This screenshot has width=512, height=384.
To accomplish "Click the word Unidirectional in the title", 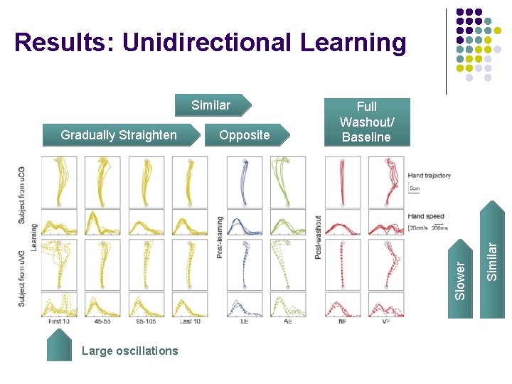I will (207, 43).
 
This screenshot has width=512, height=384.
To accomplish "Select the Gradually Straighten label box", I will (119, 135).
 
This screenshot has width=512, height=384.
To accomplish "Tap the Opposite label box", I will (245, 135).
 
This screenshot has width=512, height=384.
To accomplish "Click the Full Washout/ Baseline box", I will (366, 122).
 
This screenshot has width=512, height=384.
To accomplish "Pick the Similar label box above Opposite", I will (211, 105).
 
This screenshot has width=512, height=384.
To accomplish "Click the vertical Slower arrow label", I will (461, 280).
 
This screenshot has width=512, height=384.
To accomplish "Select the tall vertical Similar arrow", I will (491, 242).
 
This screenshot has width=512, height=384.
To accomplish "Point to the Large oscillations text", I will (130, 351).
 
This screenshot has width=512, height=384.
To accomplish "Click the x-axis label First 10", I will (59, 321).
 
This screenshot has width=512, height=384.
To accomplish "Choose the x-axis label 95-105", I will (146, 321).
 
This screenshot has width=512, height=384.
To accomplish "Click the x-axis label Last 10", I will (189, 321).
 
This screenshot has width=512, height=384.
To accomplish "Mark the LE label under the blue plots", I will (245, 321).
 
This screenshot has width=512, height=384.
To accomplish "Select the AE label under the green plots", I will (288, 321).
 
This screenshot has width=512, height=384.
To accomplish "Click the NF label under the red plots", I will (343, 321).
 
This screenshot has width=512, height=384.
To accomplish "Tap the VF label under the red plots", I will (386, 321).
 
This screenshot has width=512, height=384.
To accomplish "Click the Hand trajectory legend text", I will (429, 175).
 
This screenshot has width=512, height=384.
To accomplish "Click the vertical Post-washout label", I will (318, 237).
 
